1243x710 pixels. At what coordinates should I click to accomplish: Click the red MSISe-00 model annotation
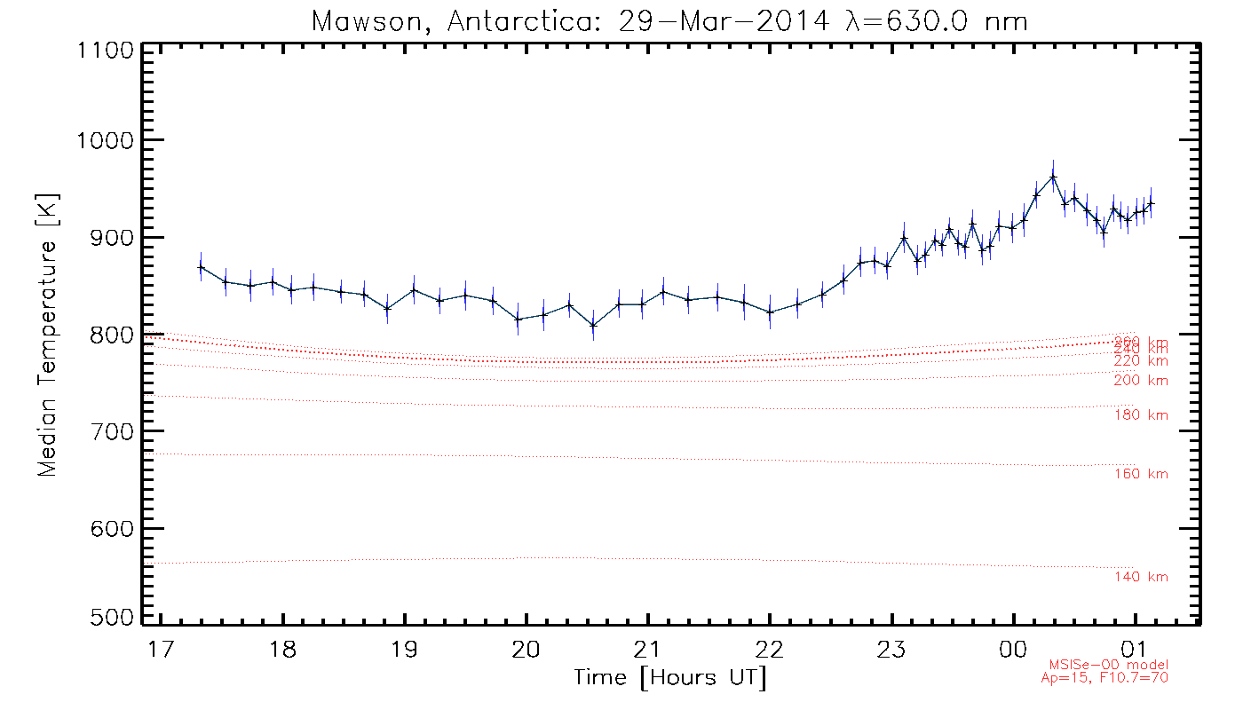[x=1109, y=665]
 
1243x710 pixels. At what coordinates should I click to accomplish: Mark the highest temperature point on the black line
[x=1053, y=177]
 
